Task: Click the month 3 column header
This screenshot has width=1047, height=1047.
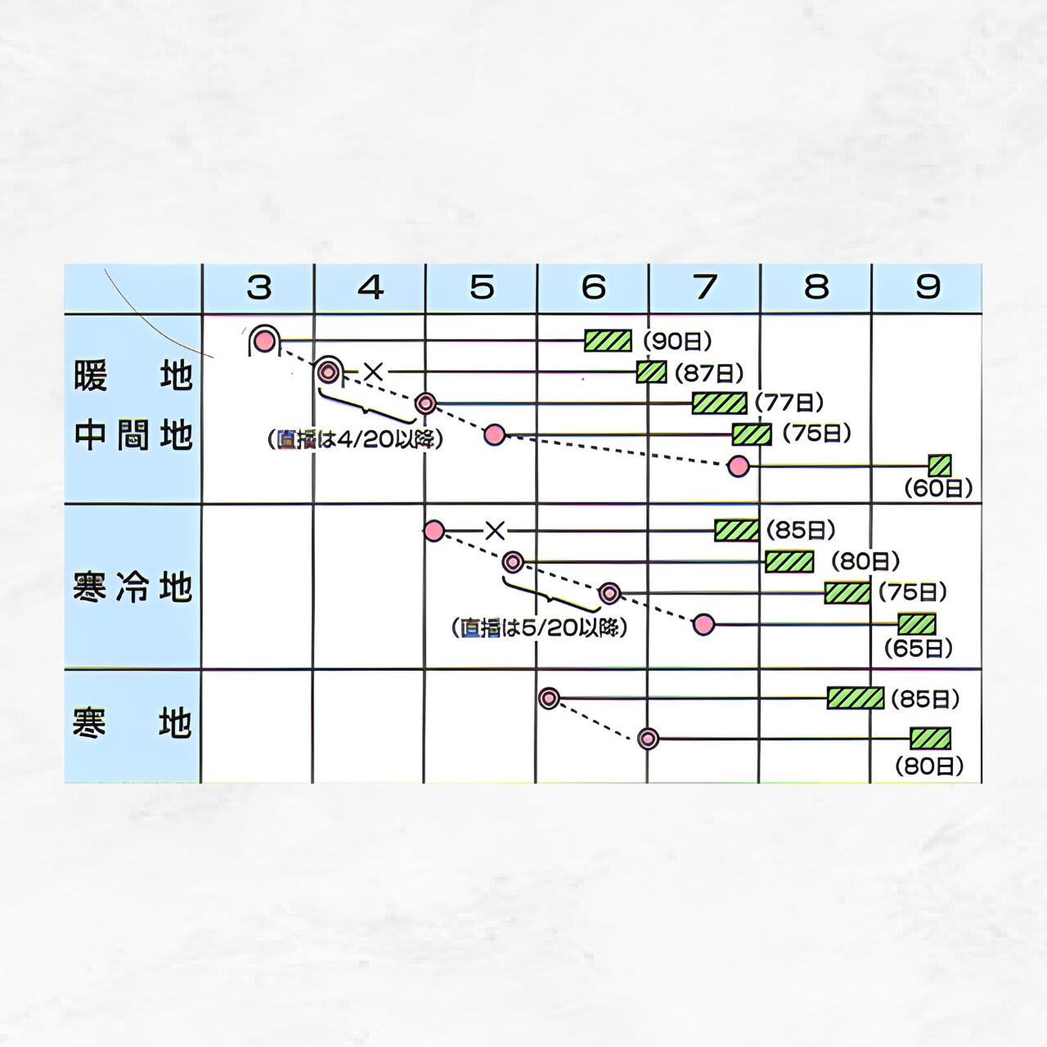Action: point(258,288)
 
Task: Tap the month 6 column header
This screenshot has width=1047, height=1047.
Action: point(593,288)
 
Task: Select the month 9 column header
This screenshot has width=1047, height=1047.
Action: point(928,288)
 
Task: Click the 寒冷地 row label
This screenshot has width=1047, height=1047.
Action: point(133,587)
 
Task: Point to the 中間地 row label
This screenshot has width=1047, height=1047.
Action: point(133,435)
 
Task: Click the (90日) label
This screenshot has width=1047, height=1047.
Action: point(677,341)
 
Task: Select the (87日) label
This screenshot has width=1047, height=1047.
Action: point(708,373)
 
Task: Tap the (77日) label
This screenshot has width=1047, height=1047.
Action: point(789,402)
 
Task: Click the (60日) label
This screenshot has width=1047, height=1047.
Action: point(938,488)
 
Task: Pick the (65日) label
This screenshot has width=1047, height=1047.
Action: point(919,648)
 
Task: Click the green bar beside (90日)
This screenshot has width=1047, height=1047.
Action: point(608,341)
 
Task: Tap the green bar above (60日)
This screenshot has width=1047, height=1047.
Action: point(940,465)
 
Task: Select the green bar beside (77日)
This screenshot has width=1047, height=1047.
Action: point(719,403)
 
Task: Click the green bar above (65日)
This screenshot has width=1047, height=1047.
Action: point(916,624)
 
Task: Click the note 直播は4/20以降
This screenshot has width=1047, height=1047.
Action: point(355,439)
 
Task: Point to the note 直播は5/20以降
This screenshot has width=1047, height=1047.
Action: point(539,628)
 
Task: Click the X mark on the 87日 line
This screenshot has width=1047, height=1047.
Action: point(373,372)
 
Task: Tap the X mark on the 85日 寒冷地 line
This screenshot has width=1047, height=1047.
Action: point(495,531)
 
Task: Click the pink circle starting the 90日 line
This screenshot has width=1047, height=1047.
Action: point(263,340)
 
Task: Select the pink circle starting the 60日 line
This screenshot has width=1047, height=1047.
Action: point(739,466)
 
